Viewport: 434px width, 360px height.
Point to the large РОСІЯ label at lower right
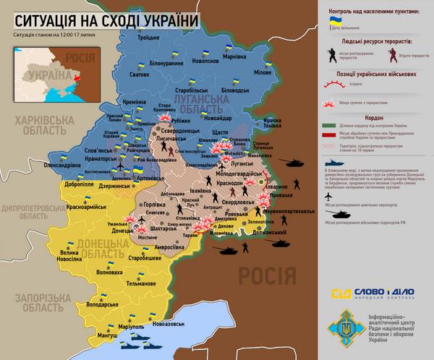tap(268, 275)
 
